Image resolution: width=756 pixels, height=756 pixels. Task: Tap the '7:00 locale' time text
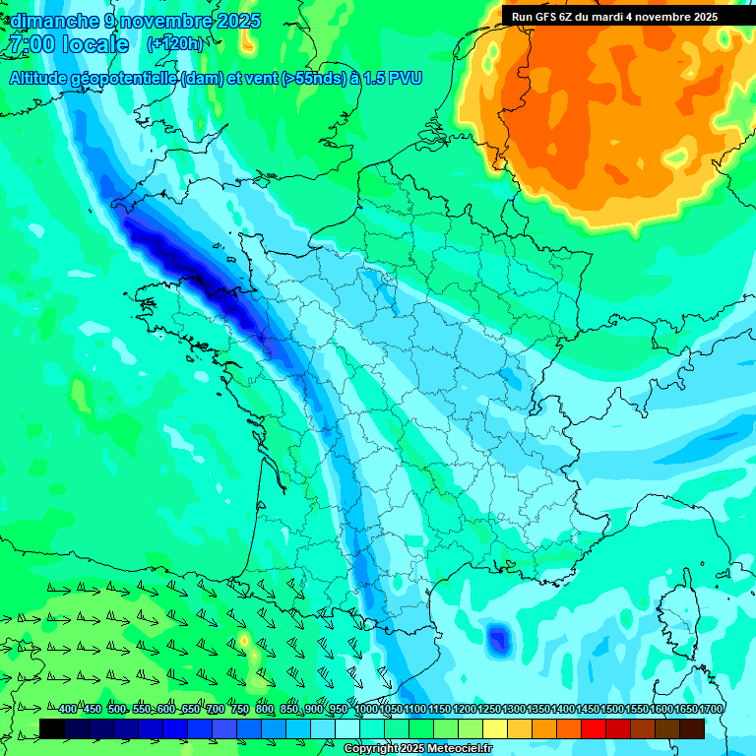pos(68,44)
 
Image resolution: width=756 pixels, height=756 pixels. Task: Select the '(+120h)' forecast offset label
pos(174,43)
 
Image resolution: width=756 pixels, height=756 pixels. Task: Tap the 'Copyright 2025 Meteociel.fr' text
pos(417,749)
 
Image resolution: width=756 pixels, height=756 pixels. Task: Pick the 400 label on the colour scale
pos(68,709)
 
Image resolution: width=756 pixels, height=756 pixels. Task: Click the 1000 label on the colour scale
pos(366,709)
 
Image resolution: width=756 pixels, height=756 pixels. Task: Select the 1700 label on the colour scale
pos(711,709)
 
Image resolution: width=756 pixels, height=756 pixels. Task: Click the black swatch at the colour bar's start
pos(52,728)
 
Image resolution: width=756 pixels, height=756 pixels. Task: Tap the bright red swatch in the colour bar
pos(594,728)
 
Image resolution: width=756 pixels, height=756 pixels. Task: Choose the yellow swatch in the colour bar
pos(495,728)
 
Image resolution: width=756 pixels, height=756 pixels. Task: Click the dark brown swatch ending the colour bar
pos(692,728)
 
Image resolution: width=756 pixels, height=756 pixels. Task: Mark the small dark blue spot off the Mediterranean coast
pos(499,640)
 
